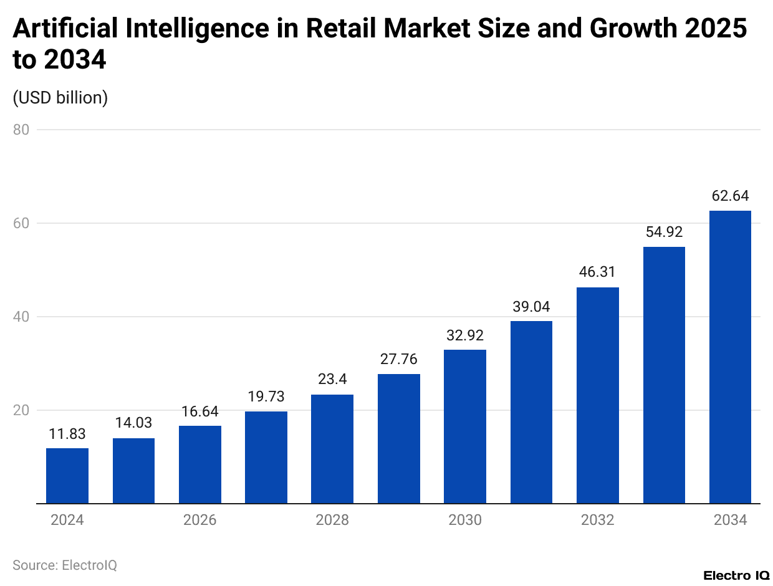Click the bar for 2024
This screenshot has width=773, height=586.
tap(67, 476)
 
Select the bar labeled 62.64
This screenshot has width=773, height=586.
tap(730, 357)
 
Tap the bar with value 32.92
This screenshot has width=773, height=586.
tap(465, 426)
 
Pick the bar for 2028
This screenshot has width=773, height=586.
tap(332, 449)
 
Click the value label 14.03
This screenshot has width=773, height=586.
tap(133, 423)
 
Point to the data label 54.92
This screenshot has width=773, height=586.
tap(664, 232)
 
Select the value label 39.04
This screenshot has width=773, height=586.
tap(531, 306)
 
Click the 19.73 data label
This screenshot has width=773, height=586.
tap(266, 396)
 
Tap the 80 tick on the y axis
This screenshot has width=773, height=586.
tap(24, 130)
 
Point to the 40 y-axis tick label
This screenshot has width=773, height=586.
tap(24, 317)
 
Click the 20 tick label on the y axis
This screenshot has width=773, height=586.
tap(24, 410)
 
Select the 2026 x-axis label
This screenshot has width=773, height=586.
tap(200, 520)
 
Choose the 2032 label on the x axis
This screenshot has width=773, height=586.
tap(597, 520)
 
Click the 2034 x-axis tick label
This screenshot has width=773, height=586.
tap(730, 520)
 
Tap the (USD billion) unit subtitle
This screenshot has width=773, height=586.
tap(60, 98)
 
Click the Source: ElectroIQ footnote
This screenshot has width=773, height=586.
tap(65, 565)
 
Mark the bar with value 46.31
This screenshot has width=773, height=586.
tap(598, 395)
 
